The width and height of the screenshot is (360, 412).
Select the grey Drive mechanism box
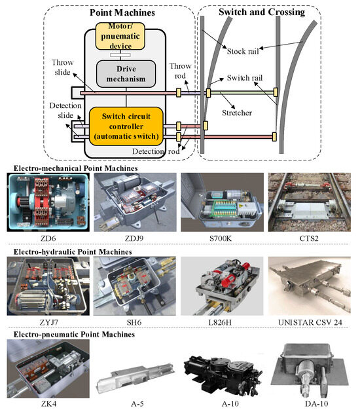(x=125, y=73)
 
